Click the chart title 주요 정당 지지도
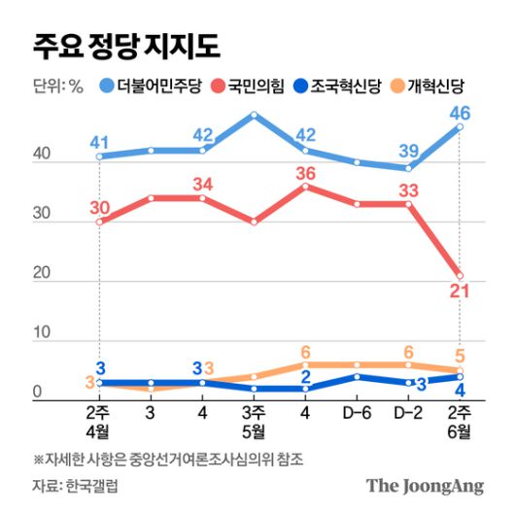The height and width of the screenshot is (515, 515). click(x=126, y=45)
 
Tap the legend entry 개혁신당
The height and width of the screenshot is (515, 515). click(x=439, y=86)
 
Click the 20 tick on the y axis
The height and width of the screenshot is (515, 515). click(x=41, y=275)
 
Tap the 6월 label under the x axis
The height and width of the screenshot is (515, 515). click(x=460, y=430)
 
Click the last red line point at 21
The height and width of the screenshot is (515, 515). click(x=460, y=275)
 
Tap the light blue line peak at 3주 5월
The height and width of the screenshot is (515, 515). click(x=254, y=115)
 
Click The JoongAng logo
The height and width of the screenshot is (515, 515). click(x=424, y=485)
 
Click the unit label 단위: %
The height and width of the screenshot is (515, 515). click(x=57, y=86)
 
